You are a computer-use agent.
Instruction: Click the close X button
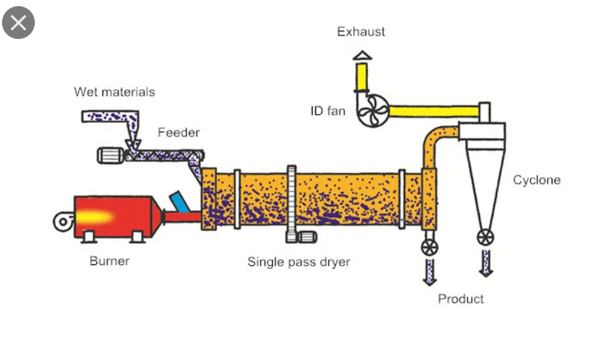pos(18,23)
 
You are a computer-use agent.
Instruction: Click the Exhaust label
pos(361,31)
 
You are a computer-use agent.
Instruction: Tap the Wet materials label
pos(115,92)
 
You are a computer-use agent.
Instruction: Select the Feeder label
pos(178,133)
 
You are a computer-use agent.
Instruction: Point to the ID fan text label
pos(328,110)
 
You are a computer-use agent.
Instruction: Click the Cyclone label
pos(537,180)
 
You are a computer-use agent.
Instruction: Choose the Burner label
pos(109,260)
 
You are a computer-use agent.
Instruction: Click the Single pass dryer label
pos(298,262)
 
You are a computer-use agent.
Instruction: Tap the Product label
pos(461,299)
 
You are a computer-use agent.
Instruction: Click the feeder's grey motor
pos(109,155)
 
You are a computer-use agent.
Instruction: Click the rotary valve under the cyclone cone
pos(485,237)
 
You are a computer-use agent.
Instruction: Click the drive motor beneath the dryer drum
pos(304,237)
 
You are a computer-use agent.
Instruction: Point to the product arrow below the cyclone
pos(485,262)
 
